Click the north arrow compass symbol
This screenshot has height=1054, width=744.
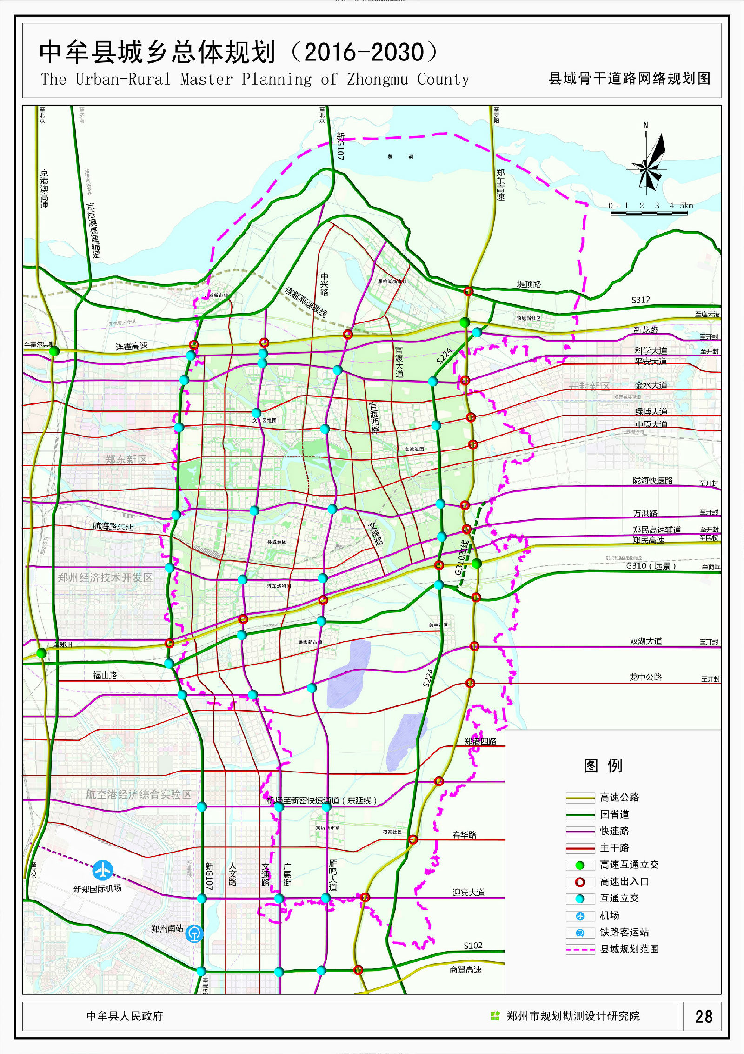pos(648,163)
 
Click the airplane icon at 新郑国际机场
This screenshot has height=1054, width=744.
pos(102,870)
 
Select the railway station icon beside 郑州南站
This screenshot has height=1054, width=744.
pos(194,933)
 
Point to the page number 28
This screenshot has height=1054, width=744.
pos(704,1016)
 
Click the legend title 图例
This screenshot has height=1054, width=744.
pos(603,765)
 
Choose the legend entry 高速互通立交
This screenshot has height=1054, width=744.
pos(629,865)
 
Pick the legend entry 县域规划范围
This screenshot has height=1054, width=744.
pos(629,949)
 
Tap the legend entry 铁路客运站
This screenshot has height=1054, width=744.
pos(624,932)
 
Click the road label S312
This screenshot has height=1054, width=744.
pos(641,300)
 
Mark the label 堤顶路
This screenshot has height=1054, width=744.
pos(529,284)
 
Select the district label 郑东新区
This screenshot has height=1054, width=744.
pos(126,459)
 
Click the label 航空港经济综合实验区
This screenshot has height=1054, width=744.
pos(138,794)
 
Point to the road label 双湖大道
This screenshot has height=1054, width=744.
pos(645,641)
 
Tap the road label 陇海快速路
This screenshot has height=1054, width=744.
pos(652,481)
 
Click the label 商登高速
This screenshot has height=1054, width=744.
pos(465,970)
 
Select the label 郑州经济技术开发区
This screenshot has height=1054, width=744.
pos(105,577)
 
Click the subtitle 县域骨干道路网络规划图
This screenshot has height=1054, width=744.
pos(629,78)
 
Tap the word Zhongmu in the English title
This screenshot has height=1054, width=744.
pos(377,79)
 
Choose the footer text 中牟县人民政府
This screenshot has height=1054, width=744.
pos(125,1016)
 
